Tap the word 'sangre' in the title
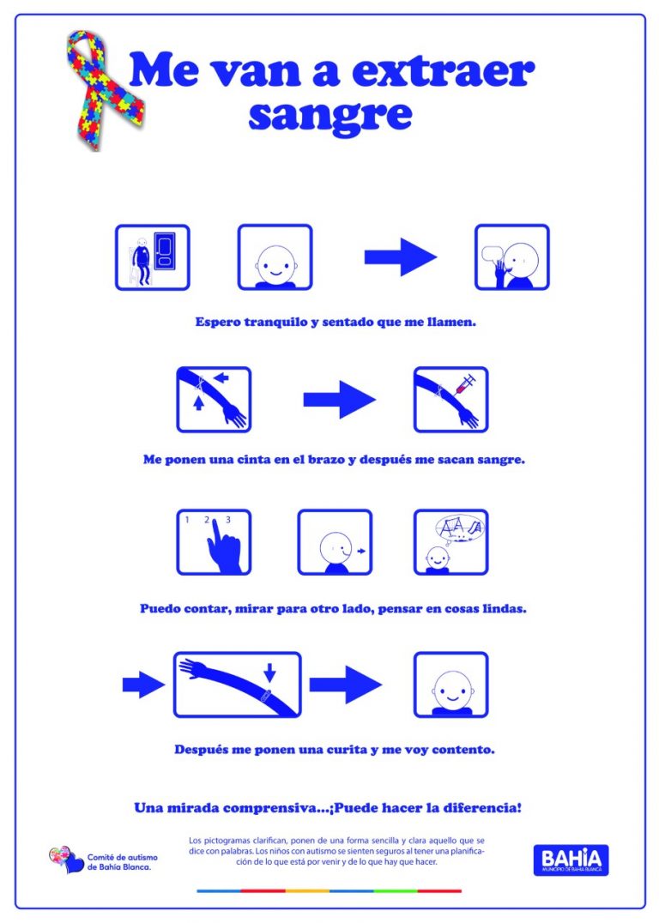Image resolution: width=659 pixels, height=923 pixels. (x=329, y=113)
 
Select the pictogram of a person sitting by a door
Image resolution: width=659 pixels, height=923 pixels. (x=152, y=256)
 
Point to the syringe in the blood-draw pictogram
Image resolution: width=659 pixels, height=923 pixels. (x=464, y=385)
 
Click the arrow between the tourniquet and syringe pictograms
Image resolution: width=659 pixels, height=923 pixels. (x=339, y=399)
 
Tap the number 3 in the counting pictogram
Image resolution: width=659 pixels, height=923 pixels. (x=227, y=519)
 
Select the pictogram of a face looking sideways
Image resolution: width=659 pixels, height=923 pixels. (x=335, y=542)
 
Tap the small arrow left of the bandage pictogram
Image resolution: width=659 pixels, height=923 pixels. (x=142, y=684)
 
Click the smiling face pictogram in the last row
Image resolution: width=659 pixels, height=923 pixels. (x=450, y=684)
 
